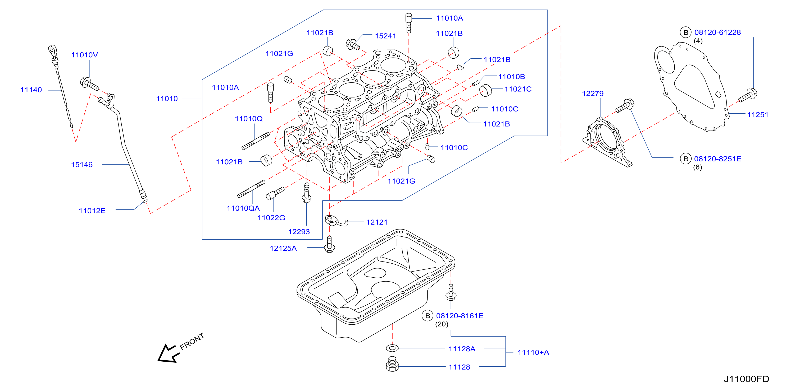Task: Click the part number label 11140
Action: coord(31,90)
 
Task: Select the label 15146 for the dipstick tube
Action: coord(82,165)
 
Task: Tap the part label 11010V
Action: coord(84,55)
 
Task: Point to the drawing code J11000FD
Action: coord(746,379)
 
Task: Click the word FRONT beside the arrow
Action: coord(192,341)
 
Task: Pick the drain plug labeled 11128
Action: coord(392,364)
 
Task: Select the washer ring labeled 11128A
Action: coord(392,348)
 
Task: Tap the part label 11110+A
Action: coord(533,353)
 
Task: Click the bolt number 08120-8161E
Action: coord(460,316)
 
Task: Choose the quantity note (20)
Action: coord(442,324)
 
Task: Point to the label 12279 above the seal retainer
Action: coord(593,94)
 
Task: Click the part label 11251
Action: coord(758,115)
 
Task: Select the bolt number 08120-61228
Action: coord(717,32)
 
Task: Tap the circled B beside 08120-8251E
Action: coord(686,159)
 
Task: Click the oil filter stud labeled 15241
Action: coord(352,45)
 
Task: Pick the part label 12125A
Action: coord(283,248)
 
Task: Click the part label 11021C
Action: coord(518,89)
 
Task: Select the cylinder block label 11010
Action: coord(167,99)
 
